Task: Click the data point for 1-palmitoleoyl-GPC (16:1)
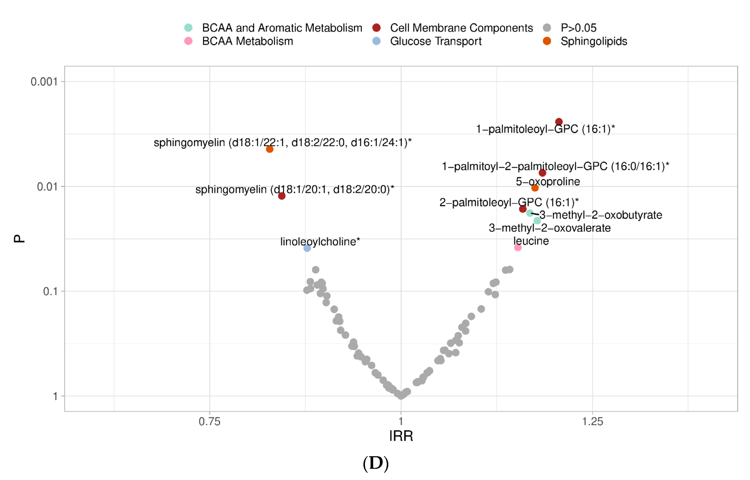coord(559,121)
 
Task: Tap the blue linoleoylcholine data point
coord(307,248)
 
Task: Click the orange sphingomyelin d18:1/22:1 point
coord(270,149)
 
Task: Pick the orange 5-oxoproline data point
coord(535,188)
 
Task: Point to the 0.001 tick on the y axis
coord(44,82)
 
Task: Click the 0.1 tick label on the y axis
coord(50,291)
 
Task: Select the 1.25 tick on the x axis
coord(592,421)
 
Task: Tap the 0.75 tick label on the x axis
coord(209,421)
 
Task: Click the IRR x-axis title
coord(401,436)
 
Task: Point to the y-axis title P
coord(19,239)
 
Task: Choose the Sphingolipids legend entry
coord(593,41)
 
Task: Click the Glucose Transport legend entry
coord(435,41)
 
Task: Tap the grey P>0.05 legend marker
coord(547,28)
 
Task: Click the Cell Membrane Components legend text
coord(461,28)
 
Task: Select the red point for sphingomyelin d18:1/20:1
coord(281,196)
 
